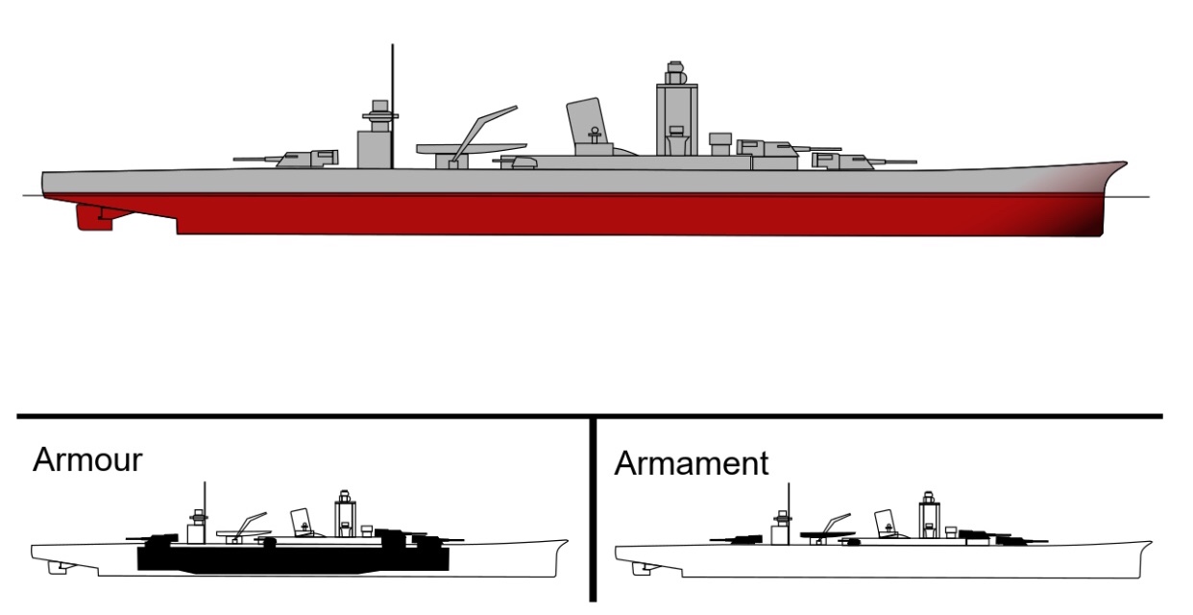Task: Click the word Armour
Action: (87, 459)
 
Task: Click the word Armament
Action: (692, 463)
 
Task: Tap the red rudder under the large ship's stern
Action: (94, 218)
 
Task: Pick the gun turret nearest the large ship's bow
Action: (845, 159)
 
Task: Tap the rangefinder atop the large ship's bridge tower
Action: (676, 72)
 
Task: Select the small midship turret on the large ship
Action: (523, 161)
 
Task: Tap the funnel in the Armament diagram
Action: (885, 522)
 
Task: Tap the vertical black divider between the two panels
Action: (593, 509)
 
